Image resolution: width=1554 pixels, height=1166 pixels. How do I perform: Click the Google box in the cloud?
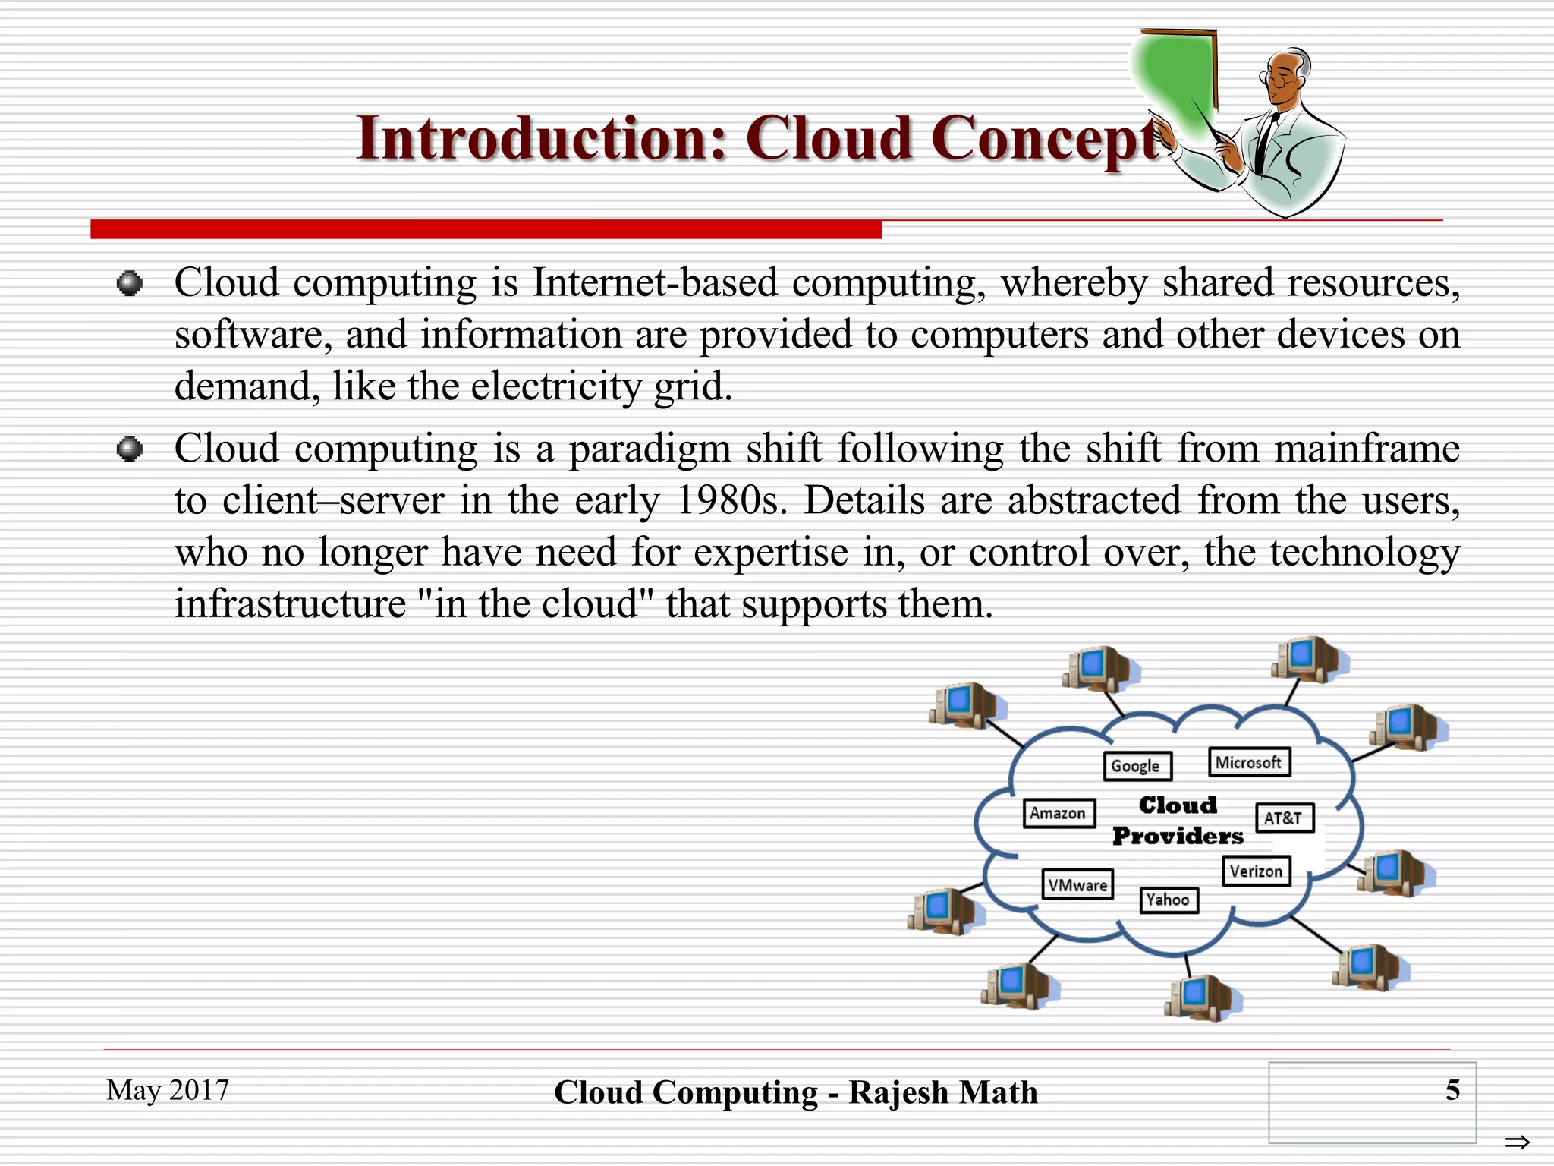tap(1137, 766)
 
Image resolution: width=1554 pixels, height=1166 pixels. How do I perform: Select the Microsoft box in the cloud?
tap(1248, 762)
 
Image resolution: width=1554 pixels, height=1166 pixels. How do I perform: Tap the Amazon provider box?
tap(1059, 813)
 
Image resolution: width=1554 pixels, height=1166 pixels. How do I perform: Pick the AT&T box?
tap(1283, 818)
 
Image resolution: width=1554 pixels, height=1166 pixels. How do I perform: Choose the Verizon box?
tap(1256, 871)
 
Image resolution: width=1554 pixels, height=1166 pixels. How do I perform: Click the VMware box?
tap(1077, 885)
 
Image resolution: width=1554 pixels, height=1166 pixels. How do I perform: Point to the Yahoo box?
tap(1169, 900)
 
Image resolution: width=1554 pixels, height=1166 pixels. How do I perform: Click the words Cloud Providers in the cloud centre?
tap(1178, 821)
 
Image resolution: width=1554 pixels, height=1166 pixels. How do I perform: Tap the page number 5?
tap(1452, 1090)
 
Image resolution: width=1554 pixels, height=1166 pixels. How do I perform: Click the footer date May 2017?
tap(168, 1090)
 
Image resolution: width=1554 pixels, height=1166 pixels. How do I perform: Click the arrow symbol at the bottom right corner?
tap(1517, 1142)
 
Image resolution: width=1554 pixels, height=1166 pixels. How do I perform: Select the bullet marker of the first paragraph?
tap(130, 284)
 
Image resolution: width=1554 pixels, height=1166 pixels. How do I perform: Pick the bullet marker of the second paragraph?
tap(130, 449)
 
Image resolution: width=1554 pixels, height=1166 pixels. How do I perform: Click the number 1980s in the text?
tap(730, 501)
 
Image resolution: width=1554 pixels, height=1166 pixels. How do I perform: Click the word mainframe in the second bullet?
tap(1367, 449)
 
